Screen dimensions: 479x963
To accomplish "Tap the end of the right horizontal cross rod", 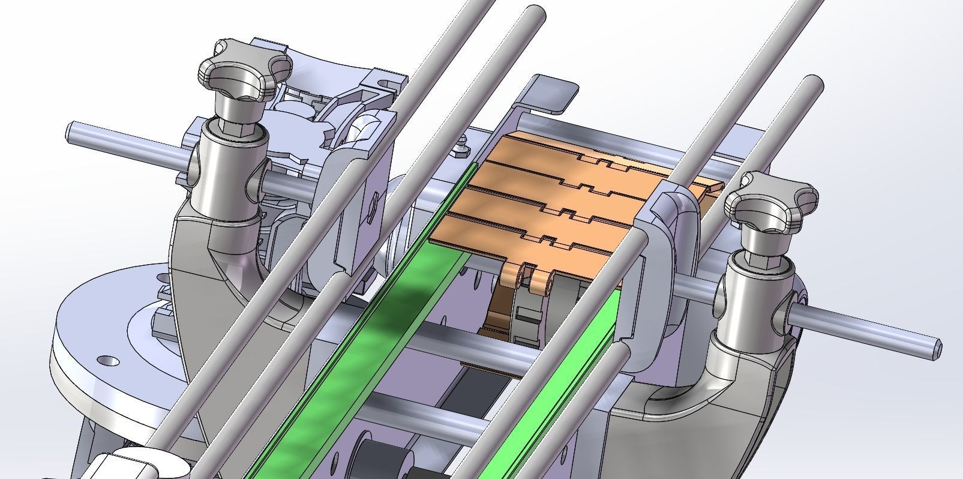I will [x=935, y=350].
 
